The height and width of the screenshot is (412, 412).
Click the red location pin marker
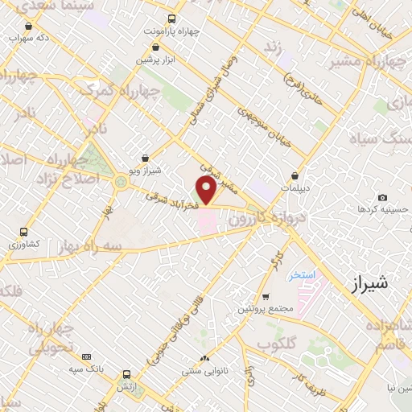tap(207, 190)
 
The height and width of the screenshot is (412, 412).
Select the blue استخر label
tap(303, 275)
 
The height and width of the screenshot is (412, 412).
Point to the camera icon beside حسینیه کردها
tap(382, 198)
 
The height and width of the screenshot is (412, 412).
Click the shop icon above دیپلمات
tap(296, 175)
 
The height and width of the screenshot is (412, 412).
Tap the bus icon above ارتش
tap(126, 374)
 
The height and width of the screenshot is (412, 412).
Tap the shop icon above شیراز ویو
tap(144, 159)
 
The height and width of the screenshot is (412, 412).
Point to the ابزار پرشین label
tap(154, 60)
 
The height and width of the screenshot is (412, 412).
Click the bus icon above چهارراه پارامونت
tap(171, 19)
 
